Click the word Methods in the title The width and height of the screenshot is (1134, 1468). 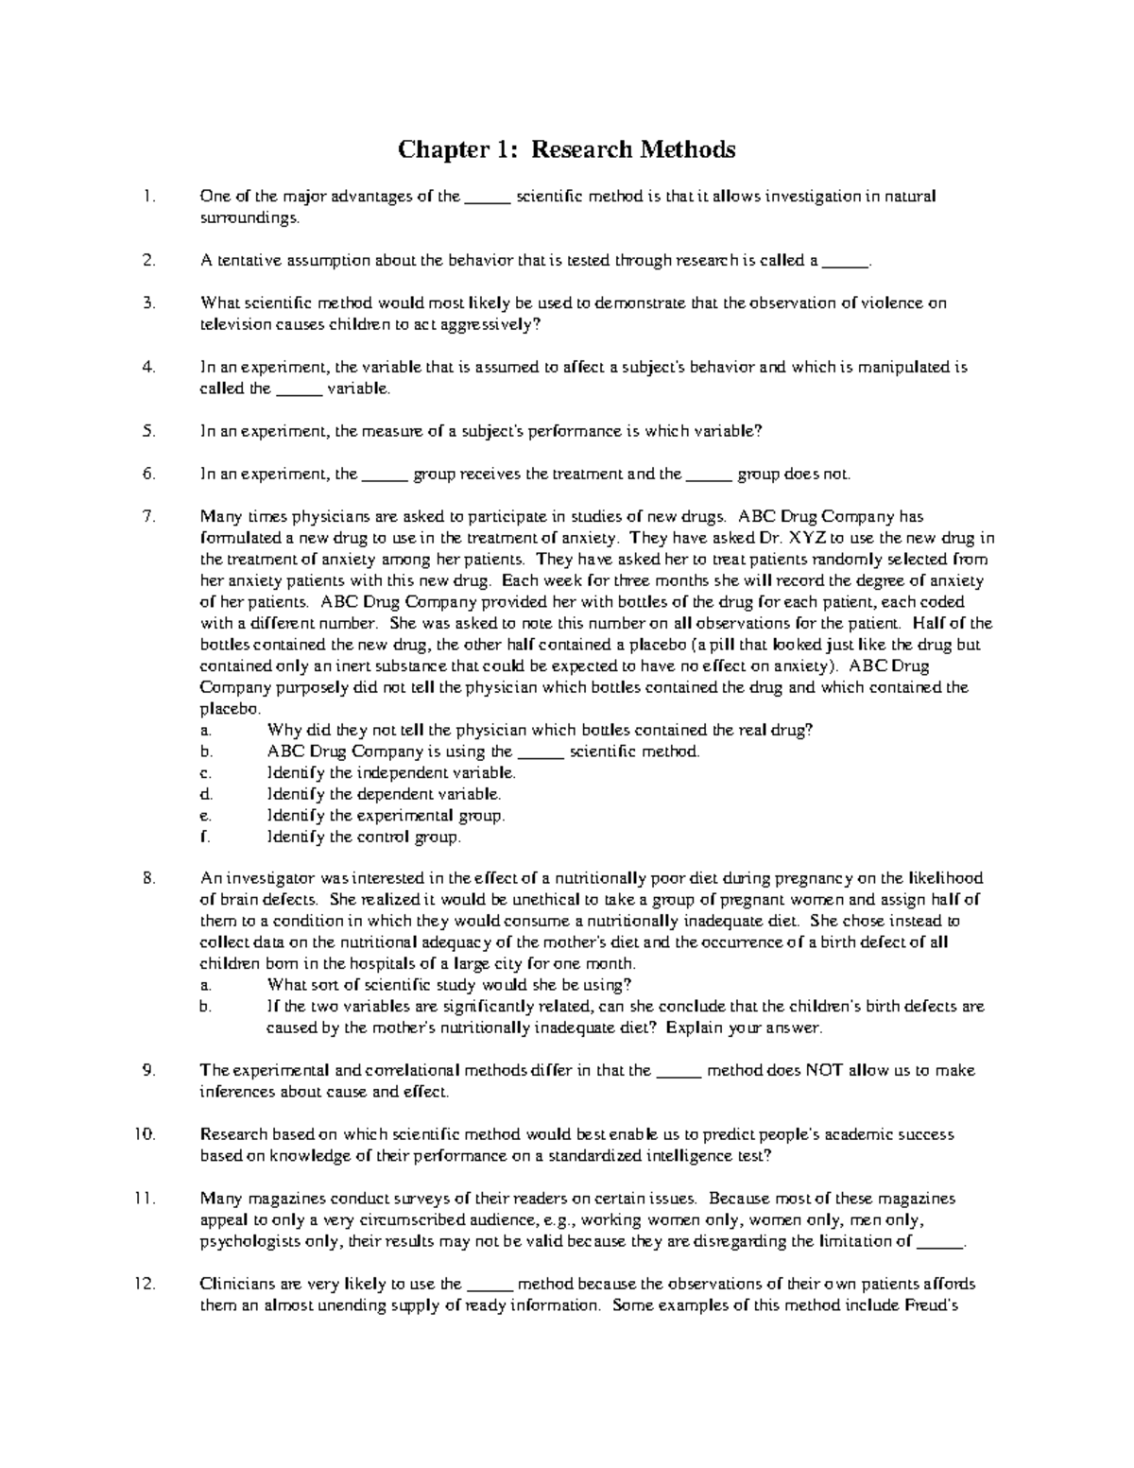[x=688, y=149]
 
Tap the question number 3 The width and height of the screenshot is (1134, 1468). [x=148, y=303]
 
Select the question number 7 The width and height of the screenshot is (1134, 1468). [x=148, y=517]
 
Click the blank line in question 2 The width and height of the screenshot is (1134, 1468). [x=845, y=263]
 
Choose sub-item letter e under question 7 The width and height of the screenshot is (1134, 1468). [x=205, y=816]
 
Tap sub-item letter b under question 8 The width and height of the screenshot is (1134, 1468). [x=205, y=1008]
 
